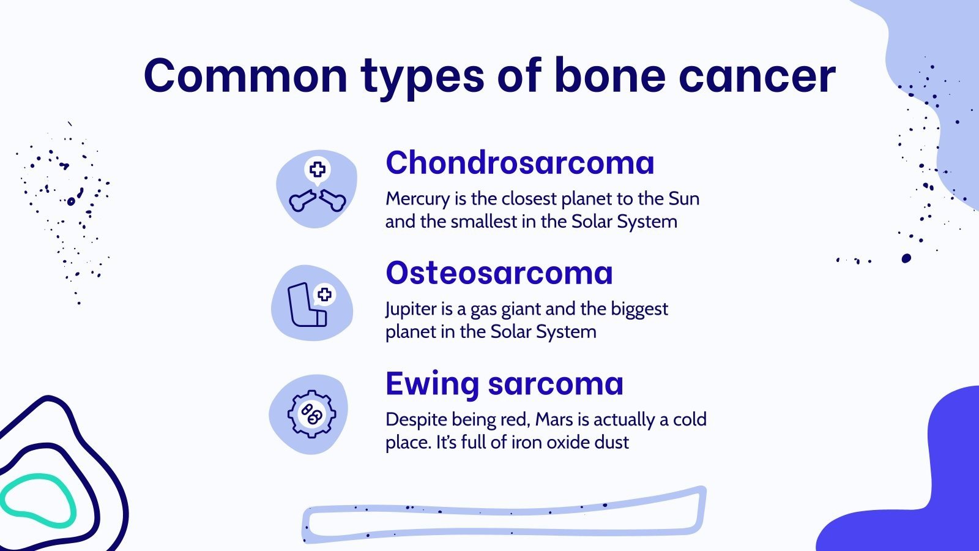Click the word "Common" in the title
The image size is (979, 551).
[245, 76]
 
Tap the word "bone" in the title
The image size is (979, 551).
[609, 76]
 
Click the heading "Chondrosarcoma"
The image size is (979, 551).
[519, 163]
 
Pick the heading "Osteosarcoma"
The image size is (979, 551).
[499, 273]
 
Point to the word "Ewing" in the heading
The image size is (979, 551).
[431, 384]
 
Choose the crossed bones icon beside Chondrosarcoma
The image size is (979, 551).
[317, 200]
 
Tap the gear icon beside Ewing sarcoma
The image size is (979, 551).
[311, 414]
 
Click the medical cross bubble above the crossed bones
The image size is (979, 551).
[317, 170]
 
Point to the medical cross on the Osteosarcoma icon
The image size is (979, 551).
[324, 294]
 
